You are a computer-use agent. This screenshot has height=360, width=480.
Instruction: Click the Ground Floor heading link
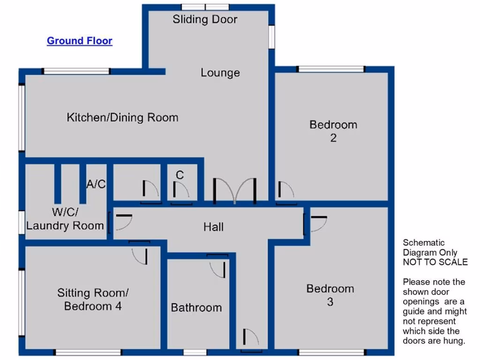coord(79,41)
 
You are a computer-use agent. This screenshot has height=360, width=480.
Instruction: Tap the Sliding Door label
coord(205,19)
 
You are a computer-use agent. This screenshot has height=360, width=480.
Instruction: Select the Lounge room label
coord(220,73)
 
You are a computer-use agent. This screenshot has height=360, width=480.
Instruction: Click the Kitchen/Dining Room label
coord(122,117)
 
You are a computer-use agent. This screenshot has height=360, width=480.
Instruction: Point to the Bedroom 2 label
coord(333,131)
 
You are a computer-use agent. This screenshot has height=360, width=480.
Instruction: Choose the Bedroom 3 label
coord(330,295)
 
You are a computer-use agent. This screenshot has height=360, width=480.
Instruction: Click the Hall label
coord(213,227)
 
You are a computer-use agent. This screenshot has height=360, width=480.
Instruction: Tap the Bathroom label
coord(196,308)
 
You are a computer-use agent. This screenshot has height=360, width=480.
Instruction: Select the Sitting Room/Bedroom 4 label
coord(93,300)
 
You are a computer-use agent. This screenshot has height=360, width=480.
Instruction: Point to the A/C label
coord(96,184)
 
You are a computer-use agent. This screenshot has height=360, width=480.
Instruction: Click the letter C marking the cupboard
coord(180,175)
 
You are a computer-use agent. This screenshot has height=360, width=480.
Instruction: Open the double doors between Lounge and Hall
coord(234,191)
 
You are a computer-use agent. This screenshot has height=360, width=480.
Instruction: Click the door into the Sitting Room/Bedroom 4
coord(140,253)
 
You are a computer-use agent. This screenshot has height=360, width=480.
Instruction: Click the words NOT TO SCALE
coord(435,262)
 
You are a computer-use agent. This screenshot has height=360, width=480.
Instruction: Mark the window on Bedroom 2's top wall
coord(331,69)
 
